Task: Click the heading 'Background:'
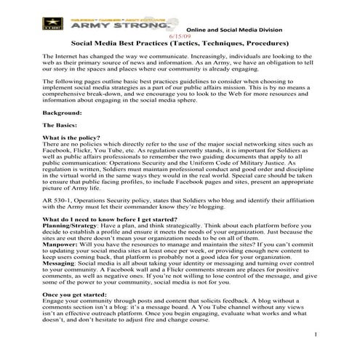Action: [61, 113]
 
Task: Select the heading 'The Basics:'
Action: [60, 126]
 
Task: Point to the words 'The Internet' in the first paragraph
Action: [61, 56]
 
